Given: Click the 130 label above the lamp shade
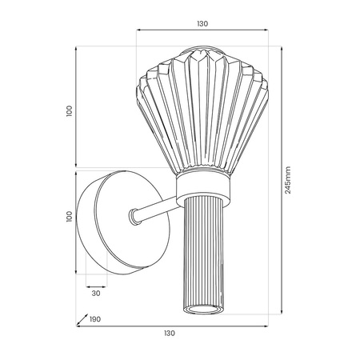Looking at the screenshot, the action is (x=202, y=24).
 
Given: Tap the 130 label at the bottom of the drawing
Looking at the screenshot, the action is (x=170, y=333).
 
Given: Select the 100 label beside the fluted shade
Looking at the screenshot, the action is (x=69, y=111).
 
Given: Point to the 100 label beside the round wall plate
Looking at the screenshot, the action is (x=69, y=217).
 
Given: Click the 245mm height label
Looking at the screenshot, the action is (x=288, y=180).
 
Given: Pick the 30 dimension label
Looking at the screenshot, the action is (x=96, y=294).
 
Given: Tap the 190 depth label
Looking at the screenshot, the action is (x=95, y=319).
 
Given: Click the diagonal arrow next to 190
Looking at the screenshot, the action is (x=82, y=319).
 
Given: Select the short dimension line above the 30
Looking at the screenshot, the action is (x=96, y=287).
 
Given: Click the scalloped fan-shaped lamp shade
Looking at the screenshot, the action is (x=202, y=110).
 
